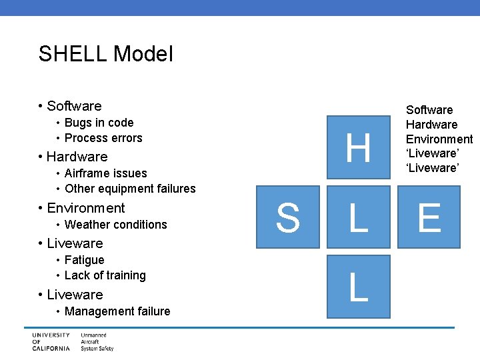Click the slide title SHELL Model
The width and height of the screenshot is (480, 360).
coord(105,54)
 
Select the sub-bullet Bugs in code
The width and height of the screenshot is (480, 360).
coord(99,123)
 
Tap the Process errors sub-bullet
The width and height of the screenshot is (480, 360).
coord(103,138)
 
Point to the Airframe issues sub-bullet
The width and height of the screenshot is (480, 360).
coord(105,173)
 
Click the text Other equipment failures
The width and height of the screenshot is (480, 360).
coord(130,189)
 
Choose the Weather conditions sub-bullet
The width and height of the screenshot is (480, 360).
coord(115,225)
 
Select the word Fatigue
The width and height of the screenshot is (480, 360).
coord(84,260)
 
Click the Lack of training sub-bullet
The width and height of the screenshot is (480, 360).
coord(105,275)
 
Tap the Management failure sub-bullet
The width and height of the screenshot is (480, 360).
coord(117,311)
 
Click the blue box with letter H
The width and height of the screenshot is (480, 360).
coord(359,147)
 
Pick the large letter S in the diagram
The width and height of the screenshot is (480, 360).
coord(287,218)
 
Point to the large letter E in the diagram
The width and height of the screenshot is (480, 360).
coord(429,218)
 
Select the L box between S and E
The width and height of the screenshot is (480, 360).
coord(359,218)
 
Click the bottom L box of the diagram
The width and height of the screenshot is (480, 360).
coord(359,287)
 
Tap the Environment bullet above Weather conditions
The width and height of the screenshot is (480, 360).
coord(85,208)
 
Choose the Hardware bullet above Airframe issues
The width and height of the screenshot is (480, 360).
coord(77,157)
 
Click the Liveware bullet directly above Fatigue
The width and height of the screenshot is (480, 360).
coord(75,243)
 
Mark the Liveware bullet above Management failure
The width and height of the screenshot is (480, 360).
coord(75,295)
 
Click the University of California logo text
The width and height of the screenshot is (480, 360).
coord(51,341)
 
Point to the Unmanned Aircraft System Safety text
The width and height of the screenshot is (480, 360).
coord(97,341)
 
